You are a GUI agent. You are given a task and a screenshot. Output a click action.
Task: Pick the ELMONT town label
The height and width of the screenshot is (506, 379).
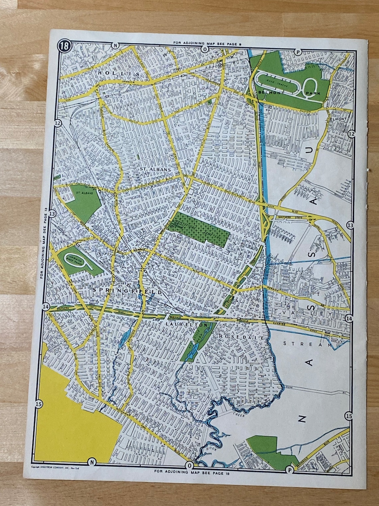338,119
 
